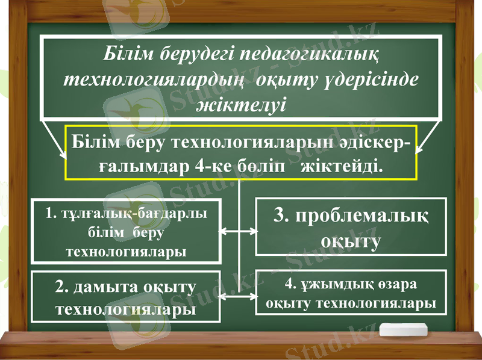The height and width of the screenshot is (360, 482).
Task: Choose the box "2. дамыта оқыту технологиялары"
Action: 126,297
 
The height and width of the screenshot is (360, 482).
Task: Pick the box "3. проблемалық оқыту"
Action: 351,227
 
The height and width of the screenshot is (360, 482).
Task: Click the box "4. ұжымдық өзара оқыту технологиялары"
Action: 352,293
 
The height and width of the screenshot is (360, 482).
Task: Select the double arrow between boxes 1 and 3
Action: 239,231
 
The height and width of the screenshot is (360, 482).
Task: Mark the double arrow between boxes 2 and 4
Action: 239,296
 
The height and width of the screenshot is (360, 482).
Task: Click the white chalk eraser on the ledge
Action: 403,330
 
